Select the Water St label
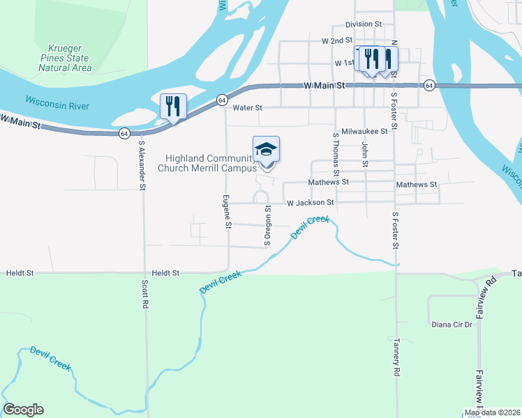point(247,108)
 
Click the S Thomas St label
point(336,154)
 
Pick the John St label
point(365,154)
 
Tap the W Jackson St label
point(311,203)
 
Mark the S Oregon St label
point(267,224)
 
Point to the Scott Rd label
point(144,295)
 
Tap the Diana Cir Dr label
point(452,325)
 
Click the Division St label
point(364,24)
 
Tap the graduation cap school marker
point(266,149)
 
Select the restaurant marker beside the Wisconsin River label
point(173,107)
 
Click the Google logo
point(23,410)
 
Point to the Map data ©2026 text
point(493,412)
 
